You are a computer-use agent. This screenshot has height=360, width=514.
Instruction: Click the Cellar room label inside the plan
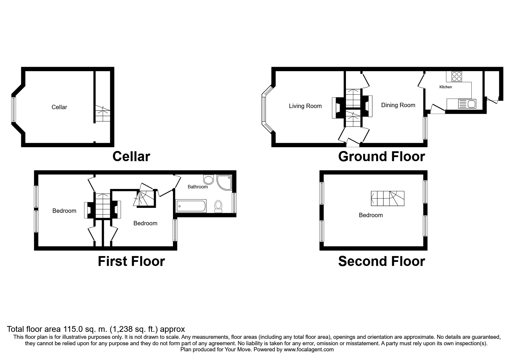coord(59,107)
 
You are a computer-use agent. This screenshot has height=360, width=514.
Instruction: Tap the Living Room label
coord(305,106)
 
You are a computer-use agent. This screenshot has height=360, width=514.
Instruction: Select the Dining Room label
coord(398,105)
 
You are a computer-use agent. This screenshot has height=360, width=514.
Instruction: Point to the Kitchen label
coord(446,87)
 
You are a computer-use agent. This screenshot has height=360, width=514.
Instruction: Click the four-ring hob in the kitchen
coord(457,76)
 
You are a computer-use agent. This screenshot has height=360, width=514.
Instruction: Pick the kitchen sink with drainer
coord(467,104)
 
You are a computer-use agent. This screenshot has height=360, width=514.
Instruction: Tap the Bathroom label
coord(198,187)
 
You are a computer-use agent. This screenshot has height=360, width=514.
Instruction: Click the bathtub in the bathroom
coord(191,206)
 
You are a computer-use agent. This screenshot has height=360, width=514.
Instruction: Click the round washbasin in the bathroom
coord(209,179)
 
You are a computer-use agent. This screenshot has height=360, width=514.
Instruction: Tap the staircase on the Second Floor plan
coord(388,199)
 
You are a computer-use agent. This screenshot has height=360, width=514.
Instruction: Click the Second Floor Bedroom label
coord(371,215)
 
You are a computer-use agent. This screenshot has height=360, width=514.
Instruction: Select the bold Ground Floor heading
coord(381,156)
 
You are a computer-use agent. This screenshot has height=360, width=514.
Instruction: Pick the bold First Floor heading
coord(131,261)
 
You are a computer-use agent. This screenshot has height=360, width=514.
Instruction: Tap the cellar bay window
coord(13,109)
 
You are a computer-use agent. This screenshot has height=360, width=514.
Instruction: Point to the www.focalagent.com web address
coord(309,350)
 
